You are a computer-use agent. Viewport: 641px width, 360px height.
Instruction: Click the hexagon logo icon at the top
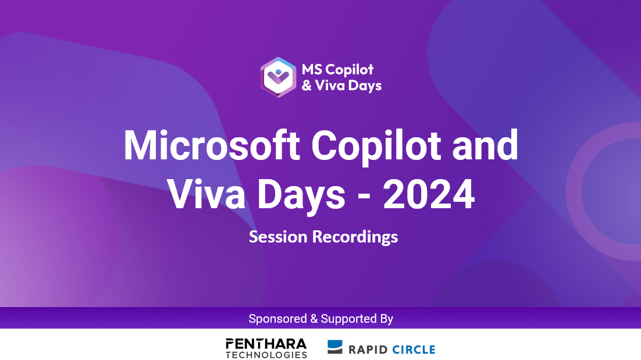point(279,77)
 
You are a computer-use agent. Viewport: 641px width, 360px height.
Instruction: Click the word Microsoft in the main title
point(212,146)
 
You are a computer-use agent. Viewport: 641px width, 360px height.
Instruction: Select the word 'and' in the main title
point(485,145)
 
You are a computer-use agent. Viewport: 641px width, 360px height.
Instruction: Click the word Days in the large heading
point(302,197)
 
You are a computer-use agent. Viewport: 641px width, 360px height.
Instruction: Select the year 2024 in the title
point(429,194)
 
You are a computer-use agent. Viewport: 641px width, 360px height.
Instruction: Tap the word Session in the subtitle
point(278,237)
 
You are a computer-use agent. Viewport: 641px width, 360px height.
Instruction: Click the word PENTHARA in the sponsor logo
point(266,344)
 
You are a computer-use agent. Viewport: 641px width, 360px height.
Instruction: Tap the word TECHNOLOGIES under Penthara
point(266,355)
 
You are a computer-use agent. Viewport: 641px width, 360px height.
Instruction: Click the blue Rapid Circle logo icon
point(335,347)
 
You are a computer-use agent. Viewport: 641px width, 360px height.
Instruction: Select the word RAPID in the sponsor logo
point(368,350)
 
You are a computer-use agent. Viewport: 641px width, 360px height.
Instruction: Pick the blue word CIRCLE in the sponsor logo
point(414,350)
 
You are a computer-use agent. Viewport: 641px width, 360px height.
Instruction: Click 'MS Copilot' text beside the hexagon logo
point(338,70)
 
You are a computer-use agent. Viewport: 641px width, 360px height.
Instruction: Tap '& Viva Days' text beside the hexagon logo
point(342,86)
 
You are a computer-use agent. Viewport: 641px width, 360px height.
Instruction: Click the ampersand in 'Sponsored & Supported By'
point(314,319)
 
